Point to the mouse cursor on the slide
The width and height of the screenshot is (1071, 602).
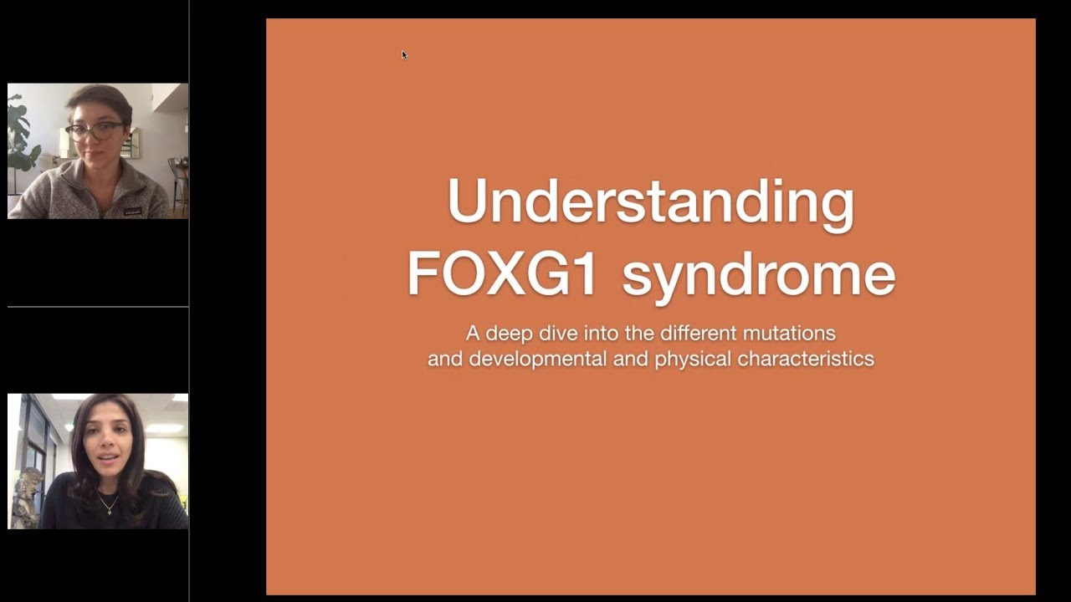pos(404,55)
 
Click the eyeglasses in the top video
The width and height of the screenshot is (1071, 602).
pos(94,131)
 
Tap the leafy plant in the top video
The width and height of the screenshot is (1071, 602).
pos(22,134)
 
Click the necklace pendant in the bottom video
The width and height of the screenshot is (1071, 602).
pos(105,509)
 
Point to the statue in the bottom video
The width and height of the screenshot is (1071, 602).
pos(27,497)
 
